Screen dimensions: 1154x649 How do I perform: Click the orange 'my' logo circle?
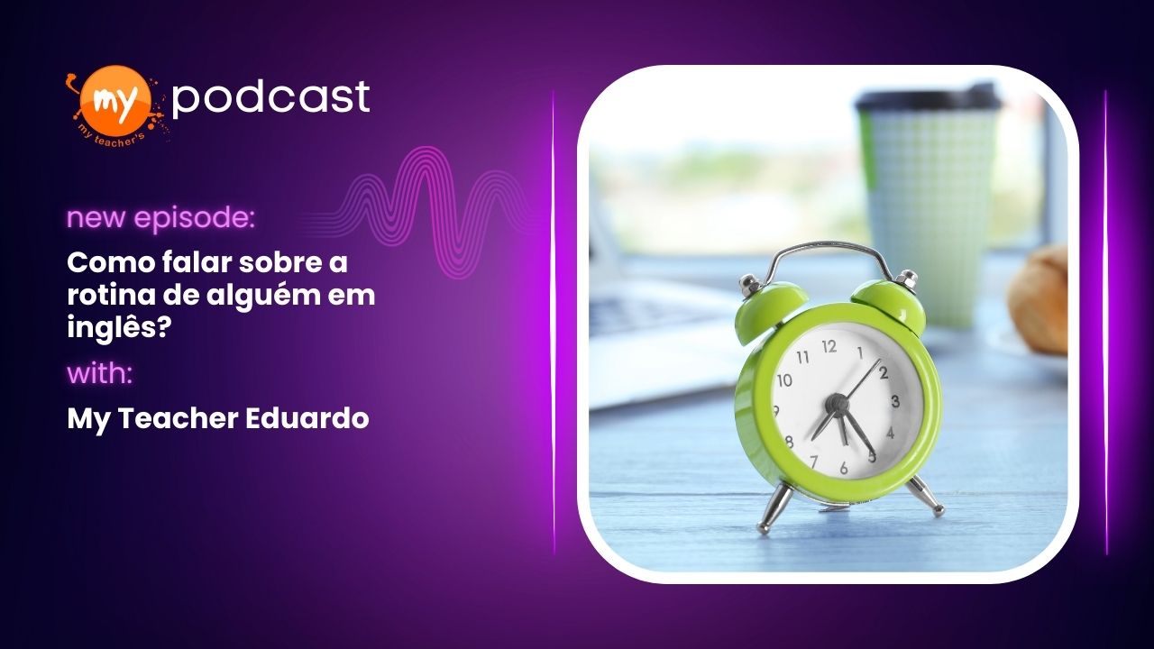(x=118, y=99)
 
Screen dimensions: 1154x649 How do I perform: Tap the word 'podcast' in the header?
(x=270, y=97)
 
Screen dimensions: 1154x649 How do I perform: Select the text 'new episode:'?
(x=160, y=219)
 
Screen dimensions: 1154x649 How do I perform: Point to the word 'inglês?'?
(x=118, y=327)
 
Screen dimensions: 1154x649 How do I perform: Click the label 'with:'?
(x=100, y=374)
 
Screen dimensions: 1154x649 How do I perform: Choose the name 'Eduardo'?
(x=307, y=418)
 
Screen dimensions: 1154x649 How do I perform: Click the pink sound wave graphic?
(x=417, y=212)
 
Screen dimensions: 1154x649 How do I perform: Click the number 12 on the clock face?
(x=829, y=347)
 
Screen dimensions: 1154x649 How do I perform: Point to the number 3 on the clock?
(x=895, y=401)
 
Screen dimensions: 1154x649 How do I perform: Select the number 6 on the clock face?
(x=843, y=468)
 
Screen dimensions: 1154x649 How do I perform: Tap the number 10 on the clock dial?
(x=784, y=380)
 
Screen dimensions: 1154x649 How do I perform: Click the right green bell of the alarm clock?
(x=889, y=301)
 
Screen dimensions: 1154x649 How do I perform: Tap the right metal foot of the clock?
(x=925, y=496)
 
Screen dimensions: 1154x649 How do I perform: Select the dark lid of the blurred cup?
(x=928, y=99)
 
